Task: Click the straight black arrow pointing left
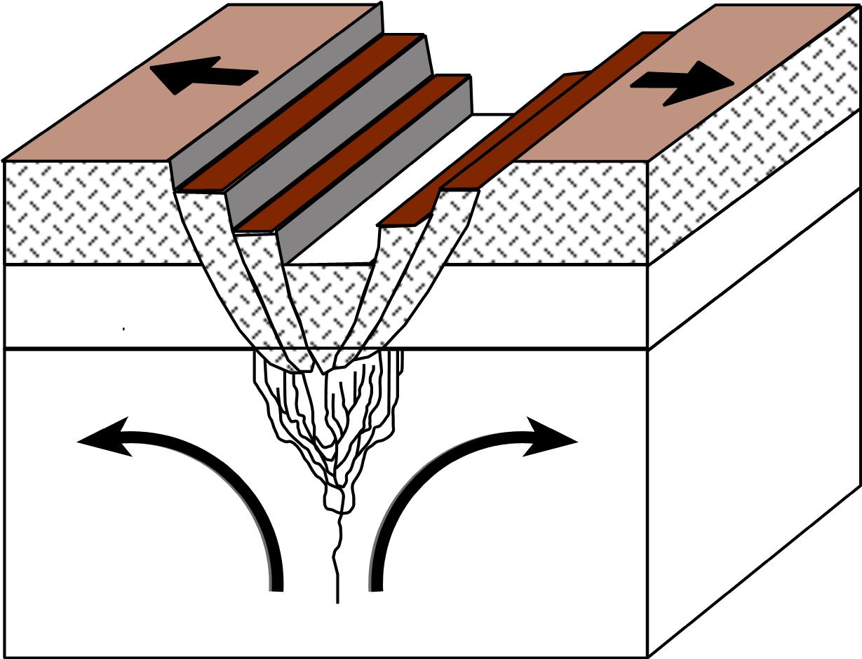pos(203,76)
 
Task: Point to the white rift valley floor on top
pos(393,189)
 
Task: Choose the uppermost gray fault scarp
pos(281,98)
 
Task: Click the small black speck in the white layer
pos(124,327)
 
